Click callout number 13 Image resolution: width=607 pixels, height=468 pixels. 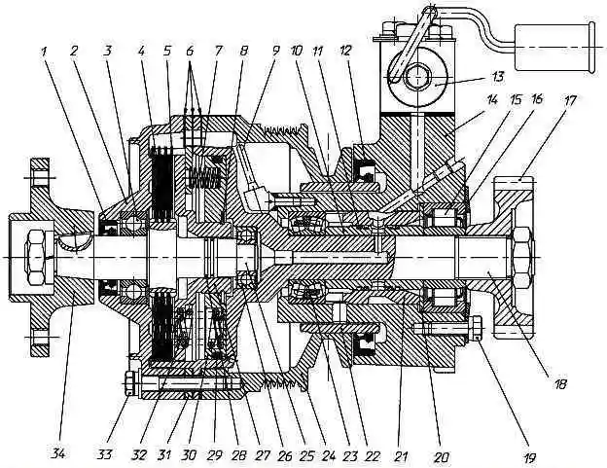pyautogui.click(x=497, y=77)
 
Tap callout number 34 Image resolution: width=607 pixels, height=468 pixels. pyautogui.click(x=58, y=453)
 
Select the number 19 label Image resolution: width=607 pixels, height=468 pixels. pyautogui.click(x=529, y=458)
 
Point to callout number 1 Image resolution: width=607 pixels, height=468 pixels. pyautogui.click(x=45, y=52)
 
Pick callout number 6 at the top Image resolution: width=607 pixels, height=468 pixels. pyautogui.click(x=190, y=52)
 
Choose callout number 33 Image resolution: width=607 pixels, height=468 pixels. pyautogui.click(x=104, y=453)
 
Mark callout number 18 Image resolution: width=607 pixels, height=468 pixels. pyautogui.click(x=560, y=384)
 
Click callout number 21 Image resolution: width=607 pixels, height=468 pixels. pyautogui.click(x=401, y=456)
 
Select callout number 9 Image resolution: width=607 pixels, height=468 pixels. pyautogui.click(x=275, y=52)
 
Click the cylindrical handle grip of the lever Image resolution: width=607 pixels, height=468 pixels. pyautogui.click(x=555, y=48)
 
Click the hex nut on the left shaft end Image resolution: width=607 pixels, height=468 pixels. pyautogui.click(x=36, y=258)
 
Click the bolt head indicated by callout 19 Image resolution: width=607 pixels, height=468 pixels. pyautogui.click(x=477, y=328)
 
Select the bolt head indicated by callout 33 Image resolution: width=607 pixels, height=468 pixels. pyautogui.click(x=131, y=383)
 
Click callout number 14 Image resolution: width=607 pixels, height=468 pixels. pyautogui.click(x=491, y=100)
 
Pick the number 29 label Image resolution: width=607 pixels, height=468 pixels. pyautogui.click(x=214, y=455)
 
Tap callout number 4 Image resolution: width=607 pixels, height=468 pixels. pyautogui.click(x=141, y=52)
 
